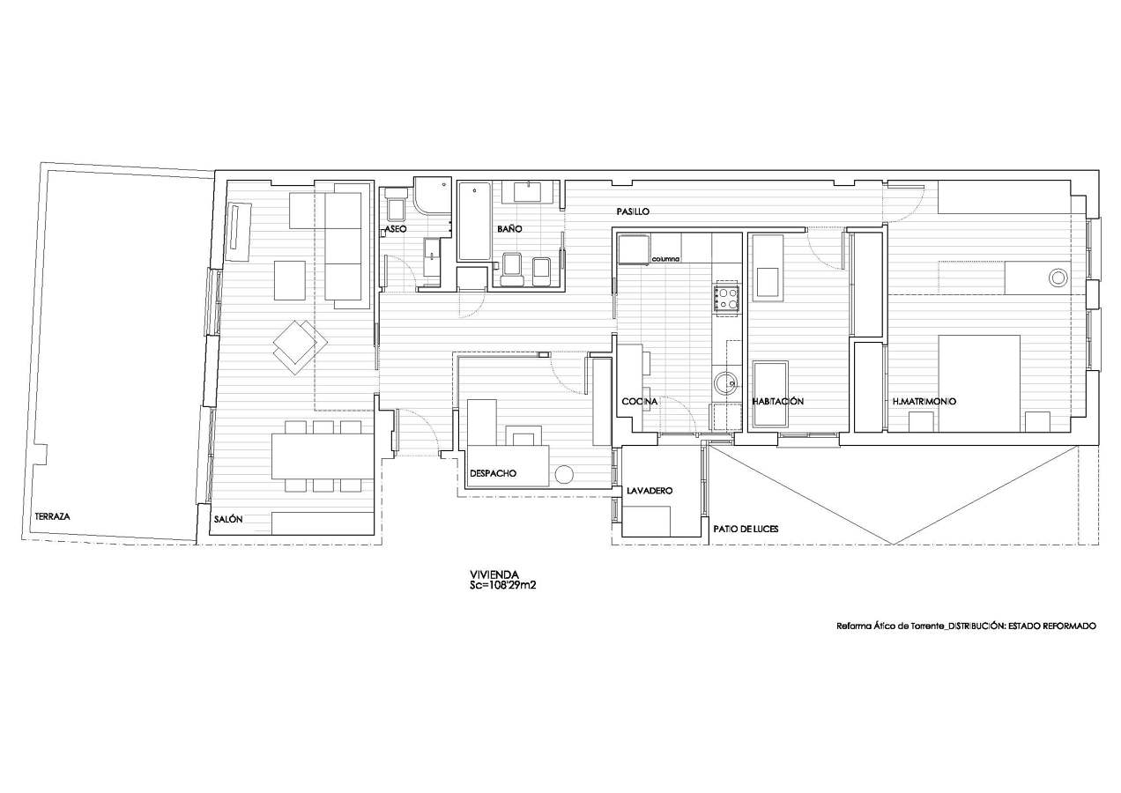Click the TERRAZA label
click(53, 517)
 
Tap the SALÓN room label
click(228, 519)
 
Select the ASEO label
click(396, 229)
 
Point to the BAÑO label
click(509, 229)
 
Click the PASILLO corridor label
click(633, 211)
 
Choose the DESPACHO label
click(493, 473)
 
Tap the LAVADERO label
click(650, 491)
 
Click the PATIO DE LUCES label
click(746, 529)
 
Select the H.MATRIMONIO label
click(924, 401)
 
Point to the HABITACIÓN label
click(777, 401)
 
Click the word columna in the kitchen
click(665, 259)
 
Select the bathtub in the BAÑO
click(474, 222)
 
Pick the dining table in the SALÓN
click(323, 456)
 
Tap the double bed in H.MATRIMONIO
click(979, 383)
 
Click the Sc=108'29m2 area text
click(502, 585)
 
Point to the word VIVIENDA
click(494, 574)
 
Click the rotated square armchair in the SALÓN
click(300, 345)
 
